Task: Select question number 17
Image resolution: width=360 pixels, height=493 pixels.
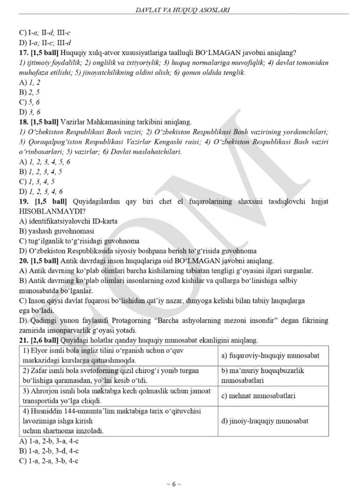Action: coord(23,52)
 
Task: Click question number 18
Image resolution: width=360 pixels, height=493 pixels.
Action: coord(23,122)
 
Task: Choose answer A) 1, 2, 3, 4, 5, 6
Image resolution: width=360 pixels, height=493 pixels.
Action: coord(44,162)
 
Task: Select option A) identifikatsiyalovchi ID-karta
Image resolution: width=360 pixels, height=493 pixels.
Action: coord(68,221)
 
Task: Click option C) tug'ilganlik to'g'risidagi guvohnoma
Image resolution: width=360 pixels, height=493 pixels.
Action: coord(79,241)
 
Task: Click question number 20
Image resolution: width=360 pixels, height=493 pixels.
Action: coord(23,260)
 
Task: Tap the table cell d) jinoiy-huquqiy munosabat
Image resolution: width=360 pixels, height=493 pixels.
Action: coord(265,421)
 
